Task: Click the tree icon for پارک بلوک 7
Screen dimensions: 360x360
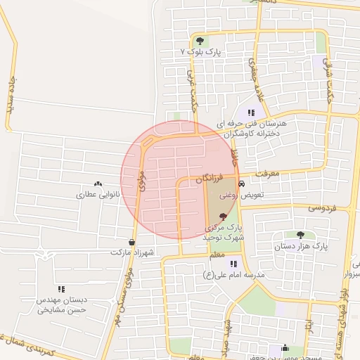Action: tap(200, 41)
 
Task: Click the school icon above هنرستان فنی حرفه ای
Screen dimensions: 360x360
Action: tap(251, 112)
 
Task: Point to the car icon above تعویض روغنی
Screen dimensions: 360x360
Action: tap(241, 183)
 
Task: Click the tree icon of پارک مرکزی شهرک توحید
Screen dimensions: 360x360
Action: tap(224, 217)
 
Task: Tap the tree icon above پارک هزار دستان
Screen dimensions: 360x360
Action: tap(301, 235)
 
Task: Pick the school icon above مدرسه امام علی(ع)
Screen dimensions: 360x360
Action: tap(233, 263)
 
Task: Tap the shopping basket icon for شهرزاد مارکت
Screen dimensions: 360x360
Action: tap(132, 243)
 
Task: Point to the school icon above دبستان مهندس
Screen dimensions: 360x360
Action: tap(62, 288)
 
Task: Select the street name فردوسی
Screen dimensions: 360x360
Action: tap(322, 208)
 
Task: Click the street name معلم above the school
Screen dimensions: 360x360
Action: tap(217, 254)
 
